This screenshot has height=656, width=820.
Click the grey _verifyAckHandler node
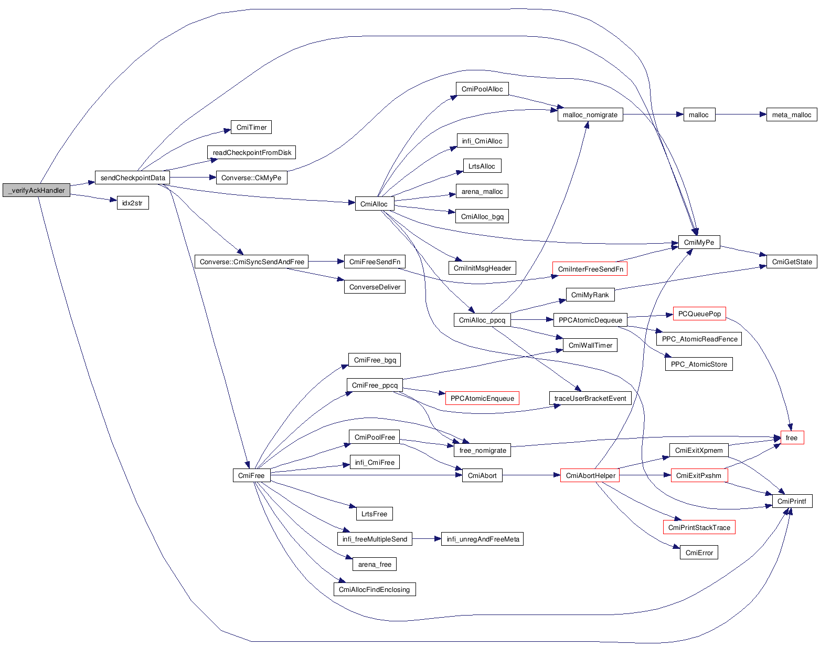tap(36, 190)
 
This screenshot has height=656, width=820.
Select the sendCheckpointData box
tap(132, 178)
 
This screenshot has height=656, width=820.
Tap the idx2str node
tap(132, 203)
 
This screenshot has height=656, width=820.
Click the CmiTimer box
tap(251, 127)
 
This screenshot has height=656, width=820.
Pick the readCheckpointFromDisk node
tap(252, 152)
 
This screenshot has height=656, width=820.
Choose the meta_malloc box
tap(791, 114)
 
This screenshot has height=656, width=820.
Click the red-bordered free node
tap(791, 438)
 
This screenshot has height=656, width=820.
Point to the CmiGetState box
tap(791, 262)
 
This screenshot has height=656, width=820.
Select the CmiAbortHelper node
tap(590, 475)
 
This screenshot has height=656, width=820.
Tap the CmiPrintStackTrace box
tap(699, 527)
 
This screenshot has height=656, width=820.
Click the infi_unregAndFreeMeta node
tap(483, 539)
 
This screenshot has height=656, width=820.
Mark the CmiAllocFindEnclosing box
tap(374, 589)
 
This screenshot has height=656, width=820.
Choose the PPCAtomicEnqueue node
tap(482, 398)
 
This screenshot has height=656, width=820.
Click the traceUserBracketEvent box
tap(590, 398)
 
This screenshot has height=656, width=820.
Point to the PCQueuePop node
tap(699, 314)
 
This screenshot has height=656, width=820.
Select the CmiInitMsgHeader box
tap(482, 268)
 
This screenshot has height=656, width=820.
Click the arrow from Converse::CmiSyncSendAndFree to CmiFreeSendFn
tap(326, 262)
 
